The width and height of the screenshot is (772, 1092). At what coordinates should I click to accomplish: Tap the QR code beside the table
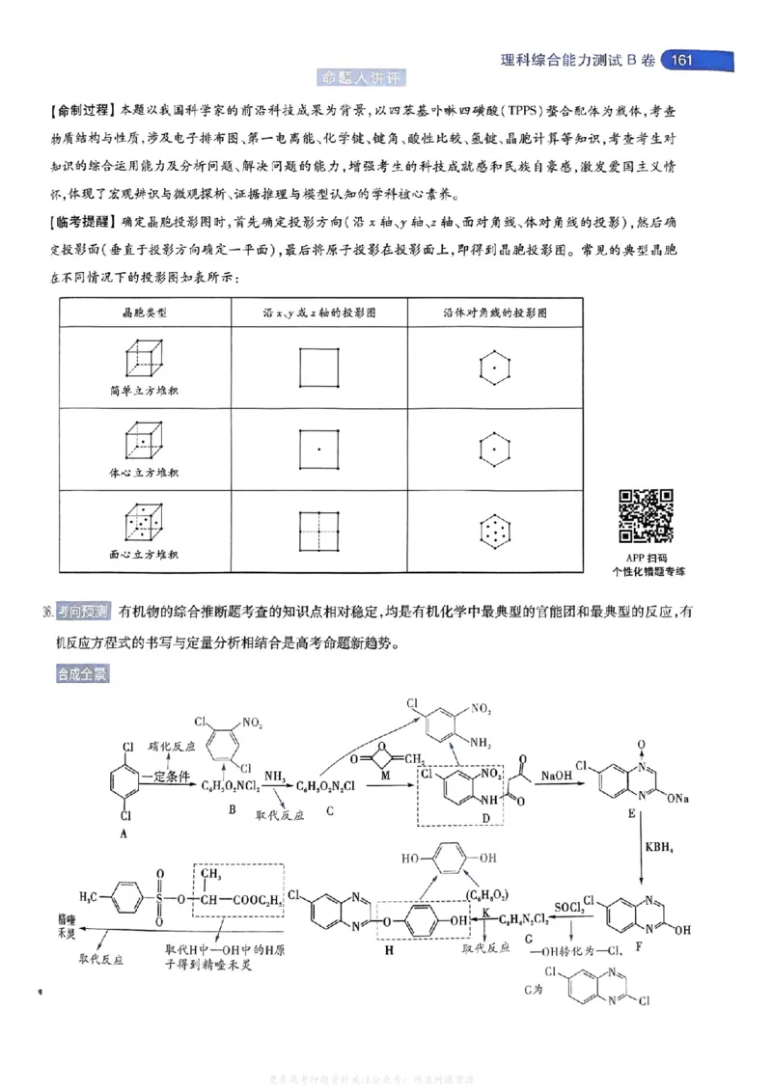[646, 516]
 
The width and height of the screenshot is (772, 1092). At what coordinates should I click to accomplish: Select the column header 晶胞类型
[144, 314]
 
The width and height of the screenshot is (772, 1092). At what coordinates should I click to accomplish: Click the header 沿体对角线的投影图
[495, 314]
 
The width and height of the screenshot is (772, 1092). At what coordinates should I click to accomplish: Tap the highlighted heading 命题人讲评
[363, 77]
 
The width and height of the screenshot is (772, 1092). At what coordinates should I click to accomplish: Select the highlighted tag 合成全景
[82, 674]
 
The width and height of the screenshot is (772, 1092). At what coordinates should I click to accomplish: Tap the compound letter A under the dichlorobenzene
[124, 833]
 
